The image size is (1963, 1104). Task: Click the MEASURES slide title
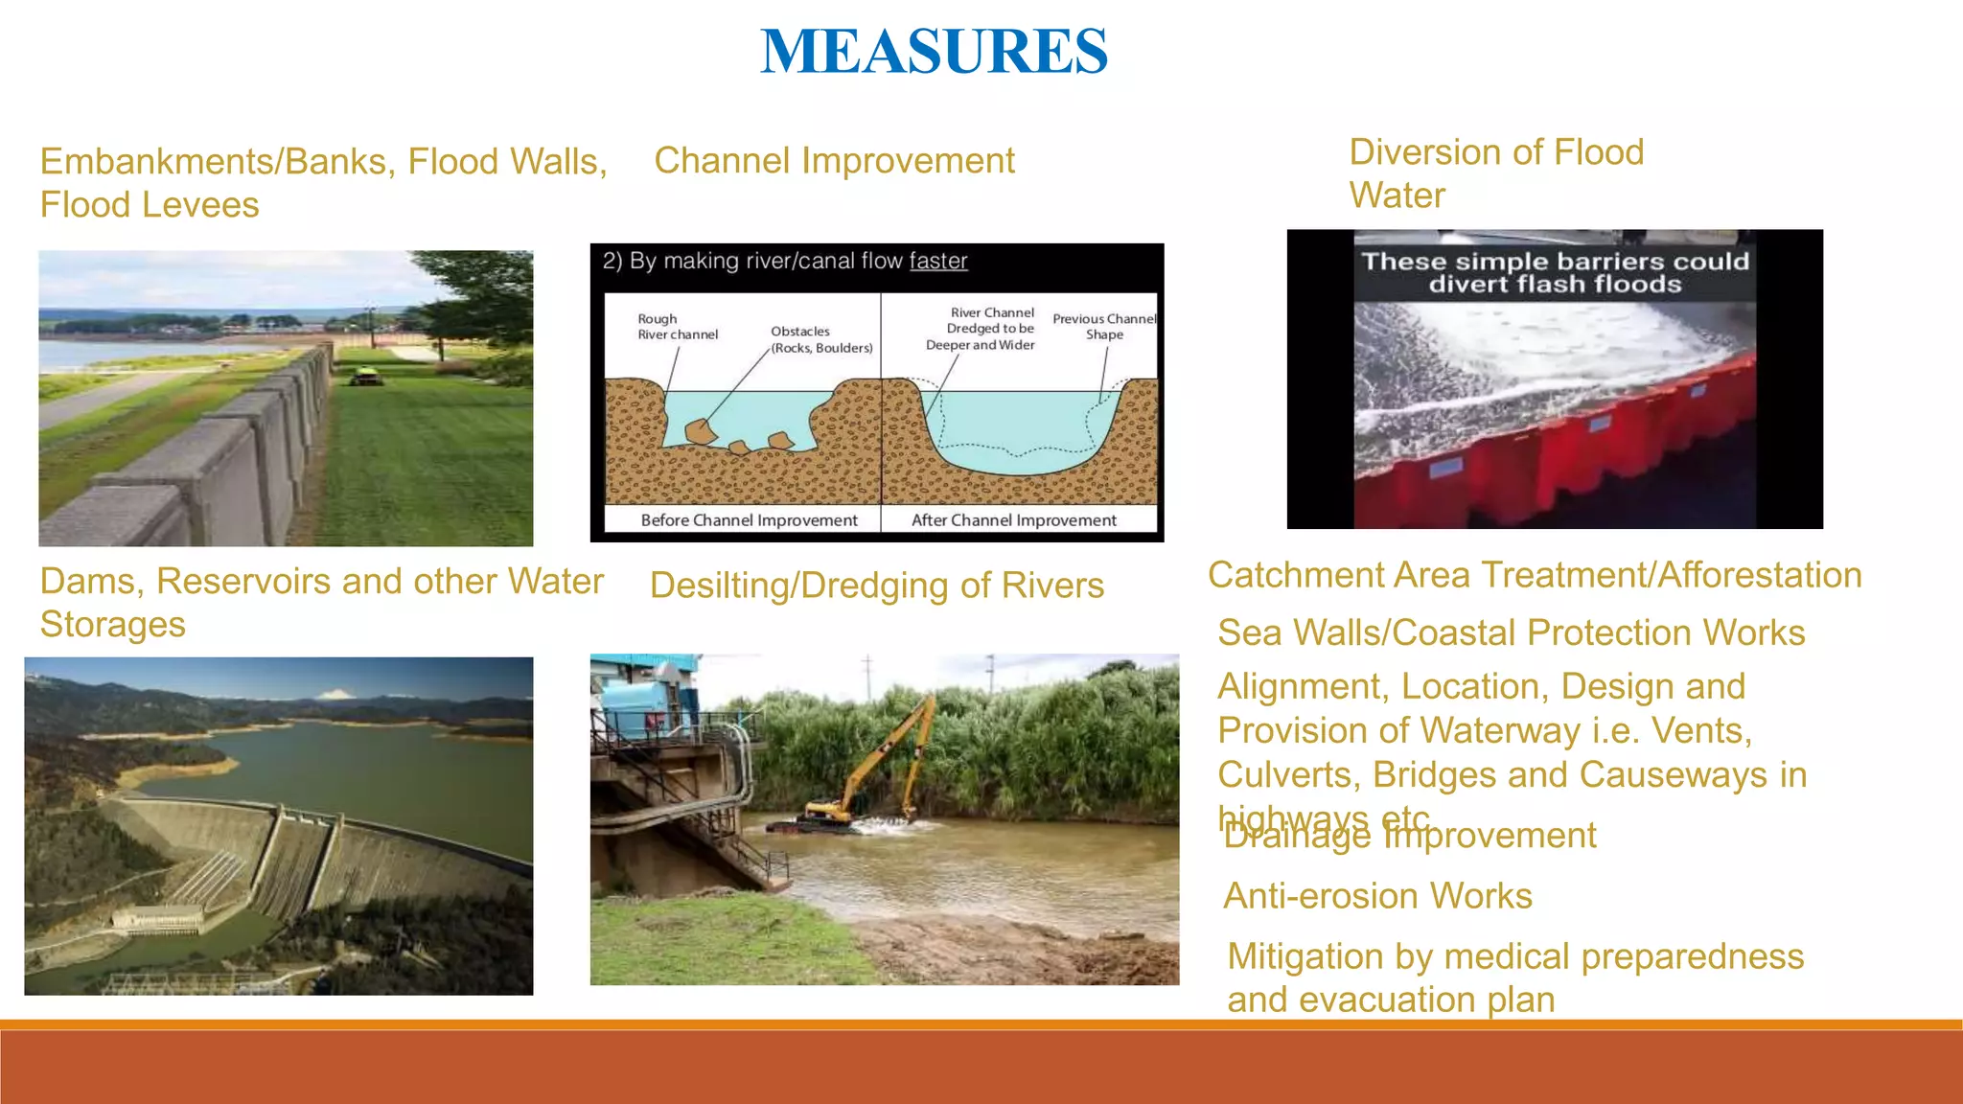click(x=934, y=52)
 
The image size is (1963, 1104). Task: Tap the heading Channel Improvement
click(x=834, y=161)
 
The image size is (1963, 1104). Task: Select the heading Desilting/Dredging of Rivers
click(x=876, y=586)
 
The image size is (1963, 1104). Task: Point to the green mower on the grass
click(x=361, y=377)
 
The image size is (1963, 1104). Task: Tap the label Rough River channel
click(x=677, y=327)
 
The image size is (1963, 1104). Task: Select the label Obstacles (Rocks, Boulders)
click(x=820, y=339)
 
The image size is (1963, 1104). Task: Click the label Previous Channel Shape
click(x=1104, y=327)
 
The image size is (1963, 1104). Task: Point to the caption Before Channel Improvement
click(x=749, y=520)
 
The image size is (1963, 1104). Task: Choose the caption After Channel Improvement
click(x=1013, y=520)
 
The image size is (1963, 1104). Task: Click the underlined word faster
click(x=937, y=261)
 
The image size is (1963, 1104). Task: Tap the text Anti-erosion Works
click(x=1377, y=896)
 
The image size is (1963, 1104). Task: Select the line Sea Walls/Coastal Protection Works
click(x=1511, y=632)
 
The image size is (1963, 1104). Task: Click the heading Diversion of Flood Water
click(x=1495, y=173)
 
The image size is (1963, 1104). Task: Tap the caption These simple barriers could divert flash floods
click(x=1555, y=273)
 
